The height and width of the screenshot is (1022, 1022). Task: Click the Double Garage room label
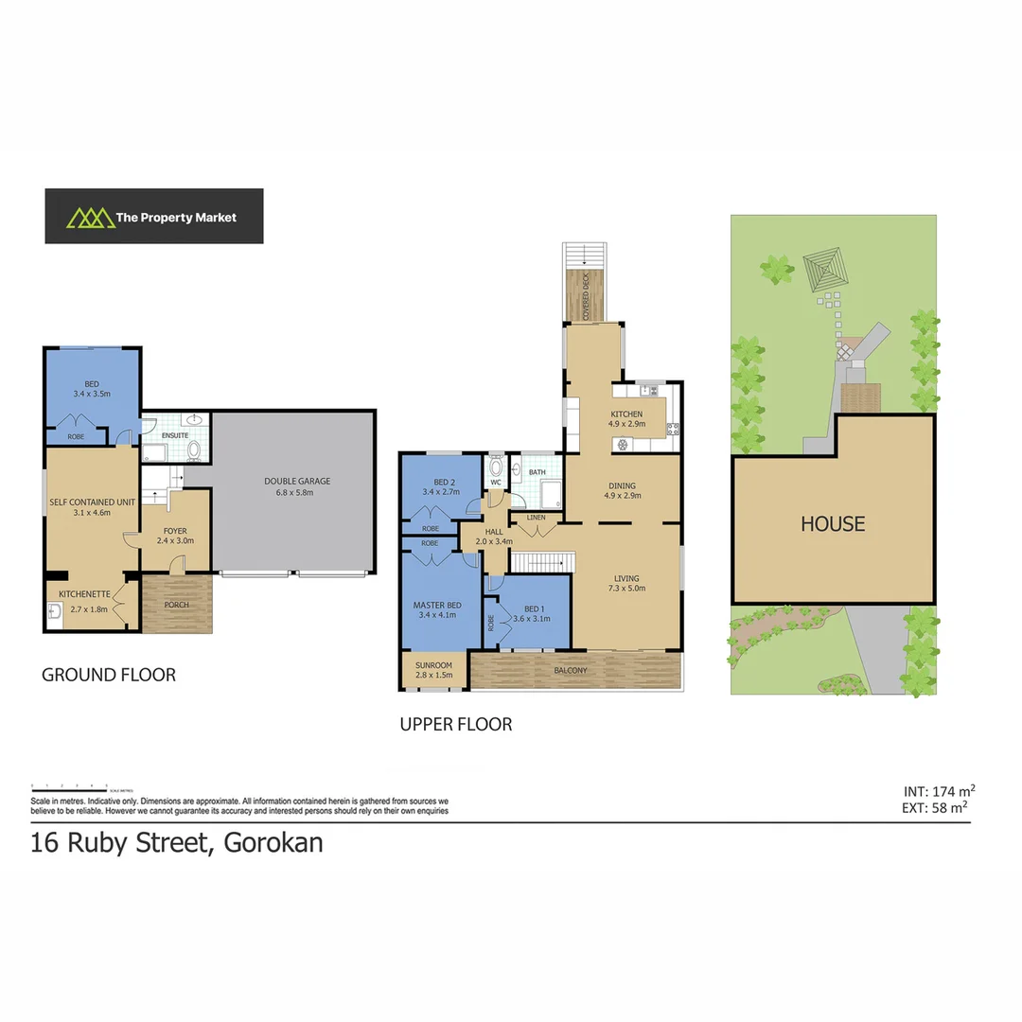pyautogui.click(x=297, y=481)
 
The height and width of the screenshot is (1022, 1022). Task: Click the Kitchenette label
pyautogui.click(x=86, y=593)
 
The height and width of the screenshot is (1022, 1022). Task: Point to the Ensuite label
pyautogui.click(x=175, y=435)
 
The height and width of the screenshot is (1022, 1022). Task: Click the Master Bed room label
pyautogui.click(x=437, y=605)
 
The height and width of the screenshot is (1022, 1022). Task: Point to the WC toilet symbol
pyautogui.click(x=496, y=467)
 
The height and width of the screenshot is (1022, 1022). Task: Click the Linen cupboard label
pyautogui.click(x=536, y=518)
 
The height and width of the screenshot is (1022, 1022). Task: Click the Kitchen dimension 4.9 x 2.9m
pyautogui.click(x=626, y=424)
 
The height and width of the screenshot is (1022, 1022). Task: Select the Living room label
pyautogui.click(x=626, y=578)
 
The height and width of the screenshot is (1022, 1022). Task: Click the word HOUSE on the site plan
pyautogui.click(x=833, y=523)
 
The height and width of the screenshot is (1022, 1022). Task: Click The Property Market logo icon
pyautogui.click(x=86, y=218)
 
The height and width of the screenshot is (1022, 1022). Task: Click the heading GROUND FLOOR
pyautogui.click(x=109, y=675)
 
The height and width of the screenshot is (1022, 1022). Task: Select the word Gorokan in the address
pyautogui.click(x=273, y=841)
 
